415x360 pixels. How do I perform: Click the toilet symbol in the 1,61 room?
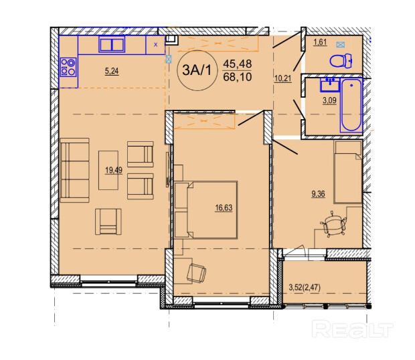tap(341, 61)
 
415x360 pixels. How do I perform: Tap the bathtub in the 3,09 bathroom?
tap(351, 105)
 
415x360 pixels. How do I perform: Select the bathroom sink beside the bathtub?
tap(330, 84)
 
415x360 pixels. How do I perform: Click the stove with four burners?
tap(68, 67)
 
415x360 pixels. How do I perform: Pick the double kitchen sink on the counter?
tap(112, 44)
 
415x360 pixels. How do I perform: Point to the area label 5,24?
tap(112, 71)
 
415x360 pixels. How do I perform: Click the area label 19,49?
tap(114, 171)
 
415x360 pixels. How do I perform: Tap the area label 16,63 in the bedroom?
tap(224, 208)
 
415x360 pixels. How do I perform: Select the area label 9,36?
tap(318, 194)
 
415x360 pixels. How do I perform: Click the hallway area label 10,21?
tap(283, 78)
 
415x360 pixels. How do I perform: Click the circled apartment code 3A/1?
tap(197, 70)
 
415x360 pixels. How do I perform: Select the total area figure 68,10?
tap(238, 77)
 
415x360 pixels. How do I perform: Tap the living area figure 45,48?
tap(238, 64)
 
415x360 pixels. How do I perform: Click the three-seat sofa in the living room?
tap(75, 170)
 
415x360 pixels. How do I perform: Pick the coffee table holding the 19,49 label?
tap(108, 171)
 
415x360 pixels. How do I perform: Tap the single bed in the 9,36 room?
tap(348, 172)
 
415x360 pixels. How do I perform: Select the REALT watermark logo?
tap(352, 329)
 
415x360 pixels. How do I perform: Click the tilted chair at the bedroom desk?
tap(196, 273)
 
